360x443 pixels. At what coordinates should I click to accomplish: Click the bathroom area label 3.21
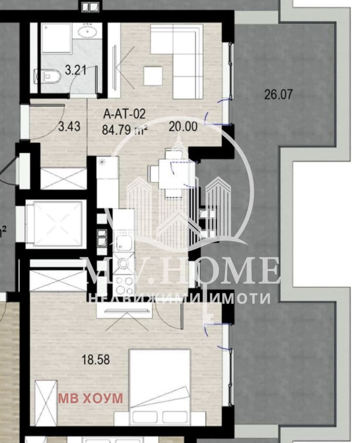click(75, 70)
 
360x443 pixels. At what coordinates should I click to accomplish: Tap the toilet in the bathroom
click(47, 76)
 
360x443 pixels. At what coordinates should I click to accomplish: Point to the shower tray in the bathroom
click(56, 38)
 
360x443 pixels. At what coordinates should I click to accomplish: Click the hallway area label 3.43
click(69, 126)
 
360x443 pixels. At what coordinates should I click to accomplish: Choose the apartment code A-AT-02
click(125, 114)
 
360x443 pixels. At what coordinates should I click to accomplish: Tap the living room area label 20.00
click(183, 126)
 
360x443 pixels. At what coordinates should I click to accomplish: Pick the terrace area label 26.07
click(278, 94)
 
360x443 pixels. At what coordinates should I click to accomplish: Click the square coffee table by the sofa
click(153, 76)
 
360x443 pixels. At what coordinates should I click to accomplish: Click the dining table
click(173, 174)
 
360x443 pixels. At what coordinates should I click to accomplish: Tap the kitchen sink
click(124, 243)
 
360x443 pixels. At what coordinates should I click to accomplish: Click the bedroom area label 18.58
click(96, 360)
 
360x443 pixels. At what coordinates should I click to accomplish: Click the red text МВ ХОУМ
click(91, 398)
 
